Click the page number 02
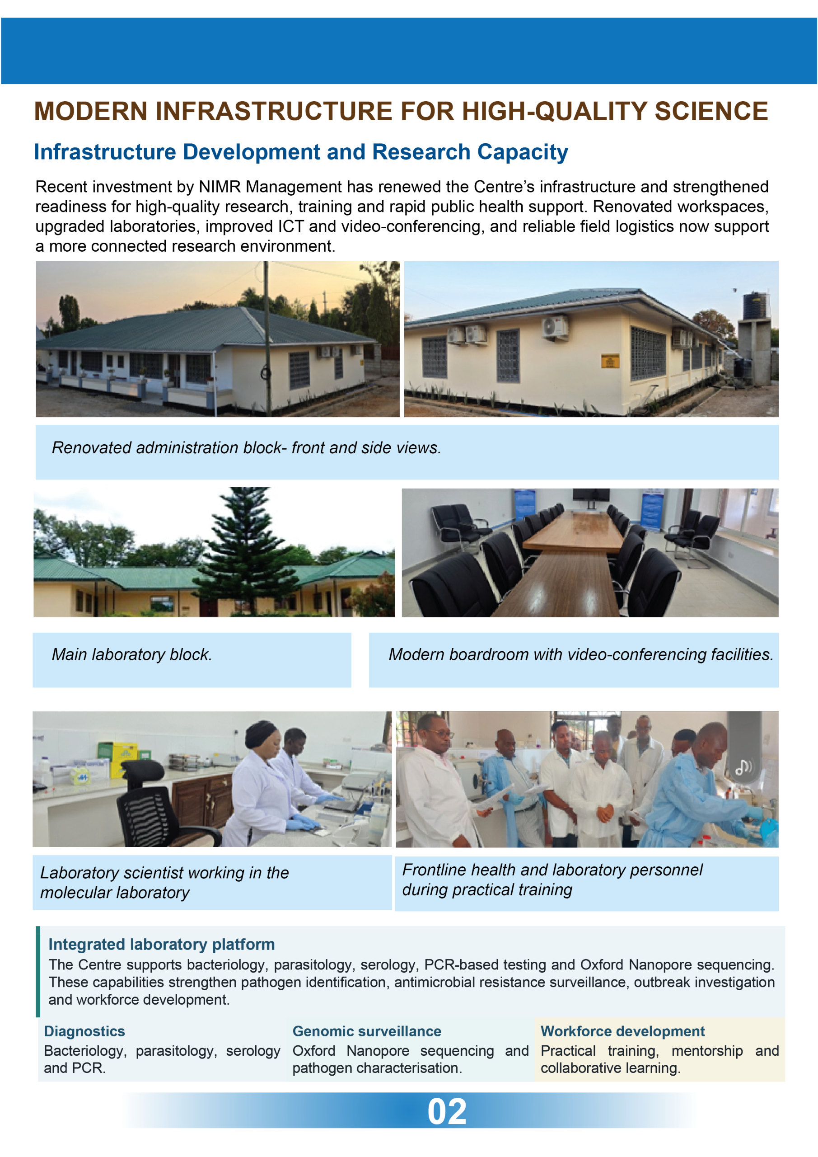point(447,1112)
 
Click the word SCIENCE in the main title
point(711,111)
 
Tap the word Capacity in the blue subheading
point(523,152)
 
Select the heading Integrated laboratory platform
point(162,944)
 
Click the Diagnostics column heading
point(84,1031)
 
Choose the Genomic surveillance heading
point(367,1031)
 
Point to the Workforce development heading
point(622,1031)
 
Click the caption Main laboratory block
point(132,654)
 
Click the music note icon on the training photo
point(743,767)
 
